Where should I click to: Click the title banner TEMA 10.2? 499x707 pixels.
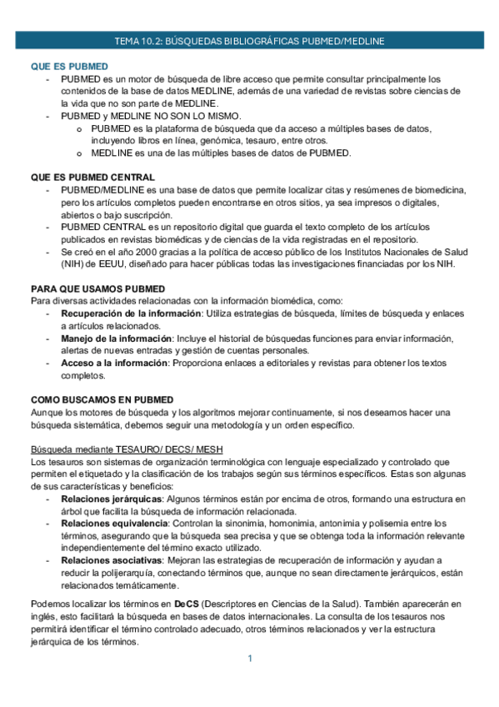pyautogui.click(x=249, y=41)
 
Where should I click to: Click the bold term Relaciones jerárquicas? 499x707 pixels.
pyautogui.click(x=111, y=499)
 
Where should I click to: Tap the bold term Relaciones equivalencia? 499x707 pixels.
pyautogui.click(x=113, y=524)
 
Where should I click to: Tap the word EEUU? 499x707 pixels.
pyautogui.click(x=88, y=264)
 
